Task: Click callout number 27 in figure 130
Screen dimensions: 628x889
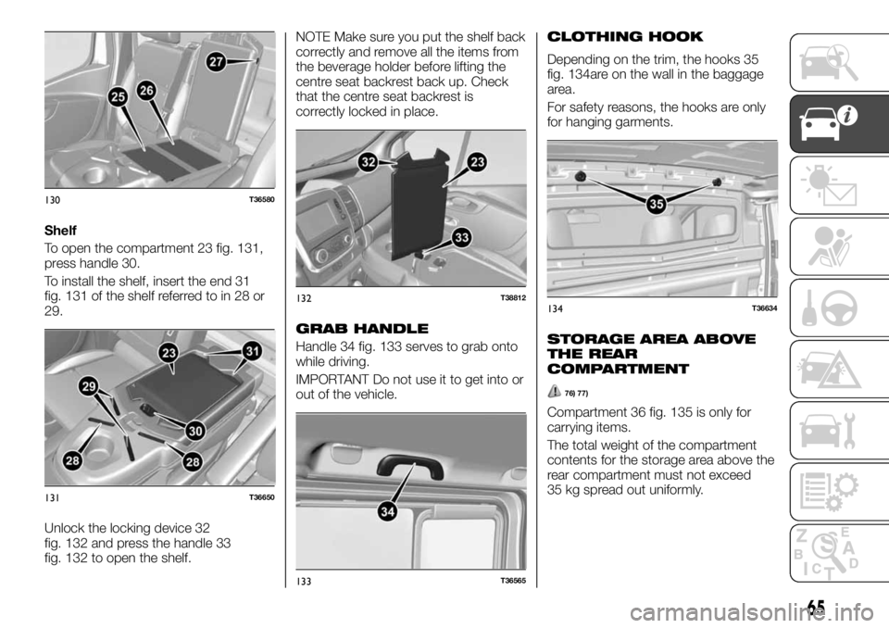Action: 217,61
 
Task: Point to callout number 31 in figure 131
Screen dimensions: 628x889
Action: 253,348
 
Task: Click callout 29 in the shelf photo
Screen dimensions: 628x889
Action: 89,388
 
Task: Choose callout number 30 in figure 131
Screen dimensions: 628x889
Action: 195,431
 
